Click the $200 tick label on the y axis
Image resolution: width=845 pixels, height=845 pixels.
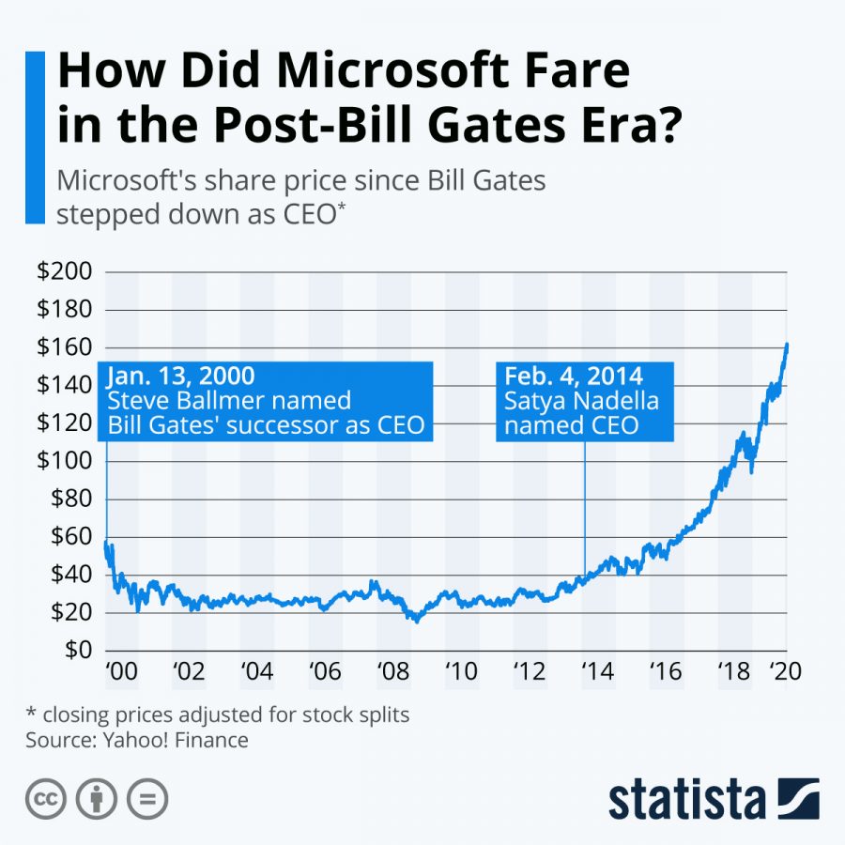[x=64, y=272]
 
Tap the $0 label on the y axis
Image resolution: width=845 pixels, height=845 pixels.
[x=76, y=650]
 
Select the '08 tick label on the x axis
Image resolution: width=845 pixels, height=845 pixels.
[x=393, y=673]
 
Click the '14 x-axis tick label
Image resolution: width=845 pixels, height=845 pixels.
[x=598, y=673]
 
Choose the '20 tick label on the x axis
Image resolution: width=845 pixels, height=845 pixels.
[x=785, y=673]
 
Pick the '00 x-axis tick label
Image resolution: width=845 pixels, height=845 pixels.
[x=121, y=673]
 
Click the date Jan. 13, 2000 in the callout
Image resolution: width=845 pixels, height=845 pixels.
[x=180, y=376]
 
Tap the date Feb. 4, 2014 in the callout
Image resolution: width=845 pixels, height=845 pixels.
[x=573, y=376]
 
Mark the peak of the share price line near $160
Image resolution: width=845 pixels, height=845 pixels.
[x=787, y=345]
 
